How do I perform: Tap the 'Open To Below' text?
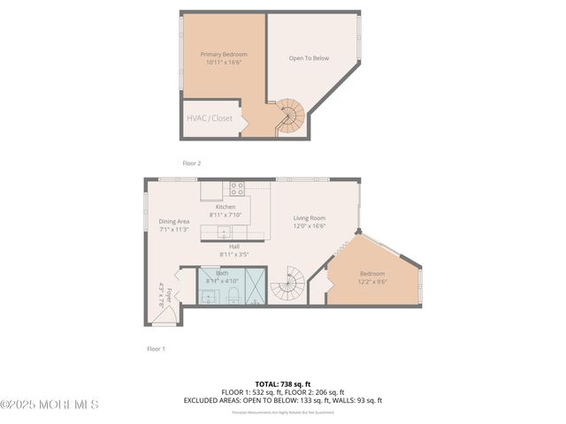click(309, 59)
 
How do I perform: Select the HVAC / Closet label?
click(209, 117)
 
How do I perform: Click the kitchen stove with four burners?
click(237, 188)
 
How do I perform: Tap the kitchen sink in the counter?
click(225, 233)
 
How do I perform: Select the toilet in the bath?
click(233, 295)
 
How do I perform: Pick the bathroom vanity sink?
click(209, 296)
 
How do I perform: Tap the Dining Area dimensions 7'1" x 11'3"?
click(173, 230)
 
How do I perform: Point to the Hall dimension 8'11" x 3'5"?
click(234, 254)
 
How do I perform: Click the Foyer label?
click(164, 294)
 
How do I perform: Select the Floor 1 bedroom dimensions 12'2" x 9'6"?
click(372, 282)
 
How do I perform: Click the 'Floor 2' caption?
click(192, 163)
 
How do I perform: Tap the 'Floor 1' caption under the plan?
click(156, 349)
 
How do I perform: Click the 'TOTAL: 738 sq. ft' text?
click(283, 384)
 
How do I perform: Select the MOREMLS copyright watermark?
click(50, 405)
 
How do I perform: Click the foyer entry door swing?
click(165, 314)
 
